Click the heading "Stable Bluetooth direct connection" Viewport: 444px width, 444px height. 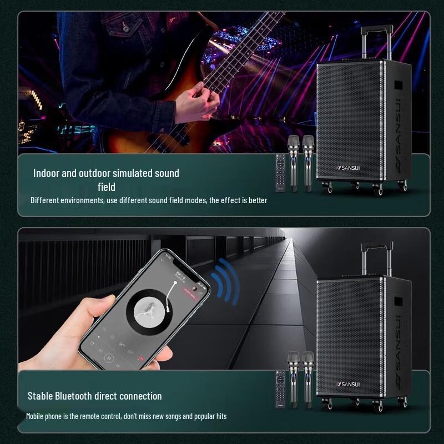[x=94, y=396]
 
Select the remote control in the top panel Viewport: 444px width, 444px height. [x=281, y=173]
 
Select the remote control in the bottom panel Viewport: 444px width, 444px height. [x=281, y=390]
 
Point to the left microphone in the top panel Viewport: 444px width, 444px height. [x=293, y=161]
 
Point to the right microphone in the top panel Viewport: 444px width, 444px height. [x=307, y=161]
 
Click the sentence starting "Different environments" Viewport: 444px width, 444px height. [x=149, y=200]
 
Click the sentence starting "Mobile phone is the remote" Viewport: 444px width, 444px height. [x=126, y=416]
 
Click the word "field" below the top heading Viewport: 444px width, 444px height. [x=106, y=187]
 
